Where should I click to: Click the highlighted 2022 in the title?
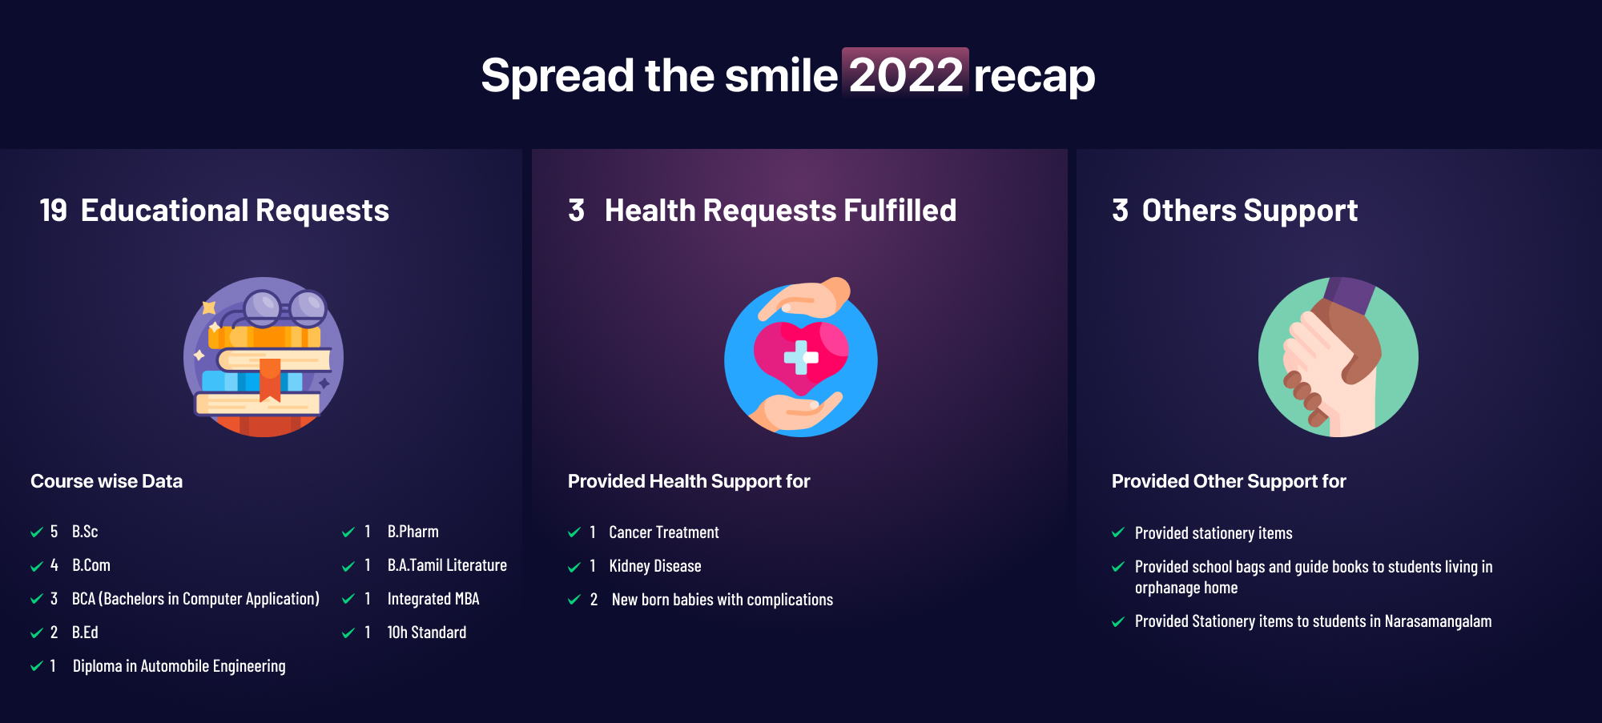click(905, 74)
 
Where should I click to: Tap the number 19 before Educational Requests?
click(54, 211)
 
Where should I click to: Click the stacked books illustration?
click(264, 357)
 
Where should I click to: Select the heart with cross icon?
click(801, 357)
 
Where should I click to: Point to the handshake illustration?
click(1338, 357)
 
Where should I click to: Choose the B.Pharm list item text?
click(413, 532)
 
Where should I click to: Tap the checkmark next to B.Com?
click(36, 566)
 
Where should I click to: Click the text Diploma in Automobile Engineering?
click(179, 666)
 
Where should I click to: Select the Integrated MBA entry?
click(433, 599)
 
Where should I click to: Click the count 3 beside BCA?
click(54, 599)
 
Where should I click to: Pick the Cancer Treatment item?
click(664, 532)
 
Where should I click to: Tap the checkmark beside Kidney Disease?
click(574, 567)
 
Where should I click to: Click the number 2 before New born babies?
click(594, 600)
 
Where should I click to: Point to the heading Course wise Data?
click(107, 481)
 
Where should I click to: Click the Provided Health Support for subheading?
click(689, 481)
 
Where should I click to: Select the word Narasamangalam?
click(1439, 621)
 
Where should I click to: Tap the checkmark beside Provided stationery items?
click(1118, 532)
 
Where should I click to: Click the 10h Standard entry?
click(427, 633)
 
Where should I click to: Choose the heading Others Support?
click(1250, 211)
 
